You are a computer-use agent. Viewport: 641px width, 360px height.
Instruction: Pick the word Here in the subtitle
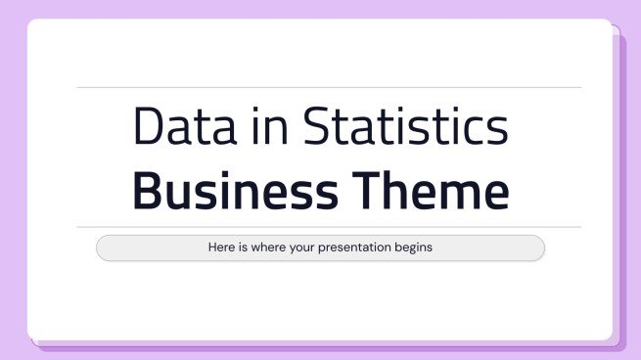223,247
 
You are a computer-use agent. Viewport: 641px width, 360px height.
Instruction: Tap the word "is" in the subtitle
247,247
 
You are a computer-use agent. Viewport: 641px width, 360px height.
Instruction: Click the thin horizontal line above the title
329,87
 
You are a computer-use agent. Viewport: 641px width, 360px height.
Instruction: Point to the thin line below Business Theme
329,227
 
